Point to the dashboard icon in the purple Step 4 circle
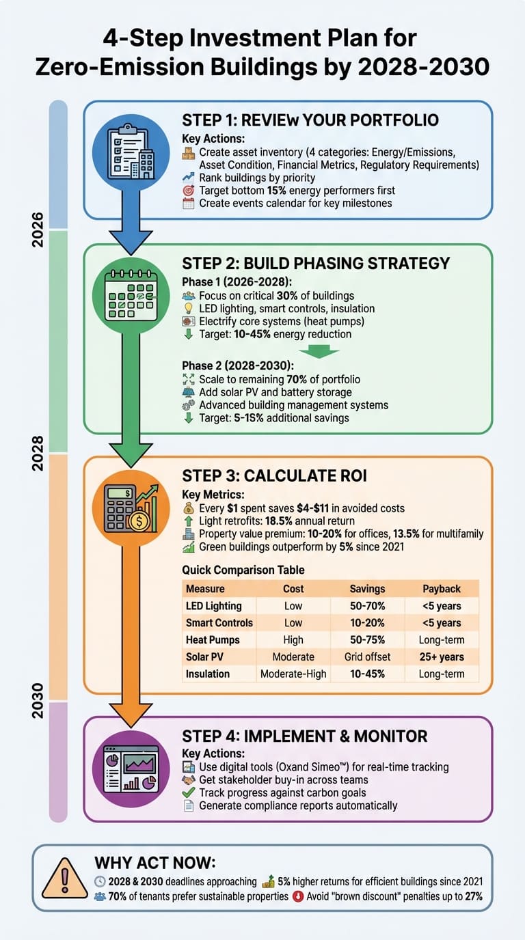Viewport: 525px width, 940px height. click(x=131, y=769)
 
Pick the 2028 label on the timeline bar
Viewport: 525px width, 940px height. click(x=38, y=453)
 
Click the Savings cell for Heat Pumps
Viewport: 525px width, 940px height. click(x=368, y=639)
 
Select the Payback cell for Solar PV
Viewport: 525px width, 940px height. click(x=442, y=656)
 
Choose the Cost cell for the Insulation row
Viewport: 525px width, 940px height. click(x=293, y=674)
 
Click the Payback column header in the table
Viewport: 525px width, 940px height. click(x=442, y=589)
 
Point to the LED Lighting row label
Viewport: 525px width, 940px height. click(x=214, y=606)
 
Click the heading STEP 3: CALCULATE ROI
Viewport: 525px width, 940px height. click(x=274, y=475)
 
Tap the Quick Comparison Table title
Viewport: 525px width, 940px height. click(x=243, y=570)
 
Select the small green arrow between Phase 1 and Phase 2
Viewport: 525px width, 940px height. click(x=319, y=351)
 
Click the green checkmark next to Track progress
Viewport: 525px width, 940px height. click(x=189, y=792)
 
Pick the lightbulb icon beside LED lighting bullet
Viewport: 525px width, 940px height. click(x=189, y=309)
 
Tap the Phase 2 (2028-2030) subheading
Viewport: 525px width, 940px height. click(x=238, y=365)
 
